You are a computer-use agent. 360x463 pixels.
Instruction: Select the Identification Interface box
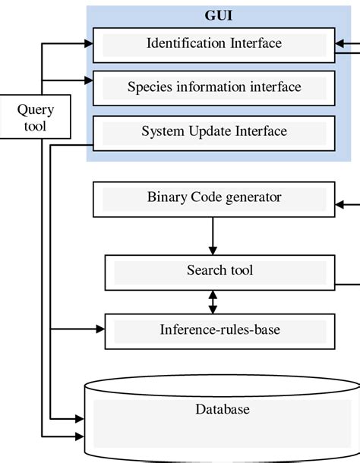[214, 44]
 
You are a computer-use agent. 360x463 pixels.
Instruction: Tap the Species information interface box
[214, 87]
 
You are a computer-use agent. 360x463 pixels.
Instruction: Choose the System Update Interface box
[214, 132]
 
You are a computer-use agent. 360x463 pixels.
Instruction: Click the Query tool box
[36, 118]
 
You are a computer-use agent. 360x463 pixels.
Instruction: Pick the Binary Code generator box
[214, 198]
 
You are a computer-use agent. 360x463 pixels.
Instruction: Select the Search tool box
[219, 271]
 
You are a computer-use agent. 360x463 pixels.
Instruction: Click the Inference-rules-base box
[219, 330]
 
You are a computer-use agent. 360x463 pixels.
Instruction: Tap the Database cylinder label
[222, 410]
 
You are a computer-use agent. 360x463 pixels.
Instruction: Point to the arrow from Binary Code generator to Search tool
[213, 235]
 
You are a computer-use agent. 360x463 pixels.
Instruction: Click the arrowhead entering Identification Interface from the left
[87, 44]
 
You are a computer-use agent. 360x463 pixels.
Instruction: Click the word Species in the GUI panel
[150, 87]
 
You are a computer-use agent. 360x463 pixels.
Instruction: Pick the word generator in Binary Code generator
[253, 198]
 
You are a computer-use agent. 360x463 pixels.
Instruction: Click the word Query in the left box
[36, 110]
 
